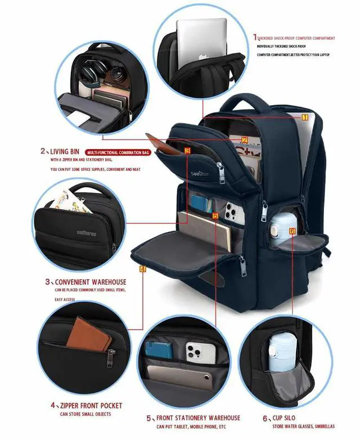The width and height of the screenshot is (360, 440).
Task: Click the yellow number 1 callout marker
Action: [305, 118]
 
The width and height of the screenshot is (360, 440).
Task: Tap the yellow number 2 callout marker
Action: [245, 141]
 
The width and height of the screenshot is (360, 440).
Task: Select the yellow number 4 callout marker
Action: [143, 270]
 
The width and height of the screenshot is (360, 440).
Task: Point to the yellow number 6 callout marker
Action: [292, 231]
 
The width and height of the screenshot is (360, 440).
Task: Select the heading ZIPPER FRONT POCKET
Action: [89, 405]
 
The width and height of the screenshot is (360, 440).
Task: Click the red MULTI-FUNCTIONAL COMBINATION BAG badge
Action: [118, 152]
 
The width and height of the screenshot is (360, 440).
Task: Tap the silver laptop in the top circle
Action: [201, 39]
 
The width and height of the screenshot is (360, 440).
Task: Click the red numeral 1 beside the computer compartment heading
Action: [254, 38]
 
